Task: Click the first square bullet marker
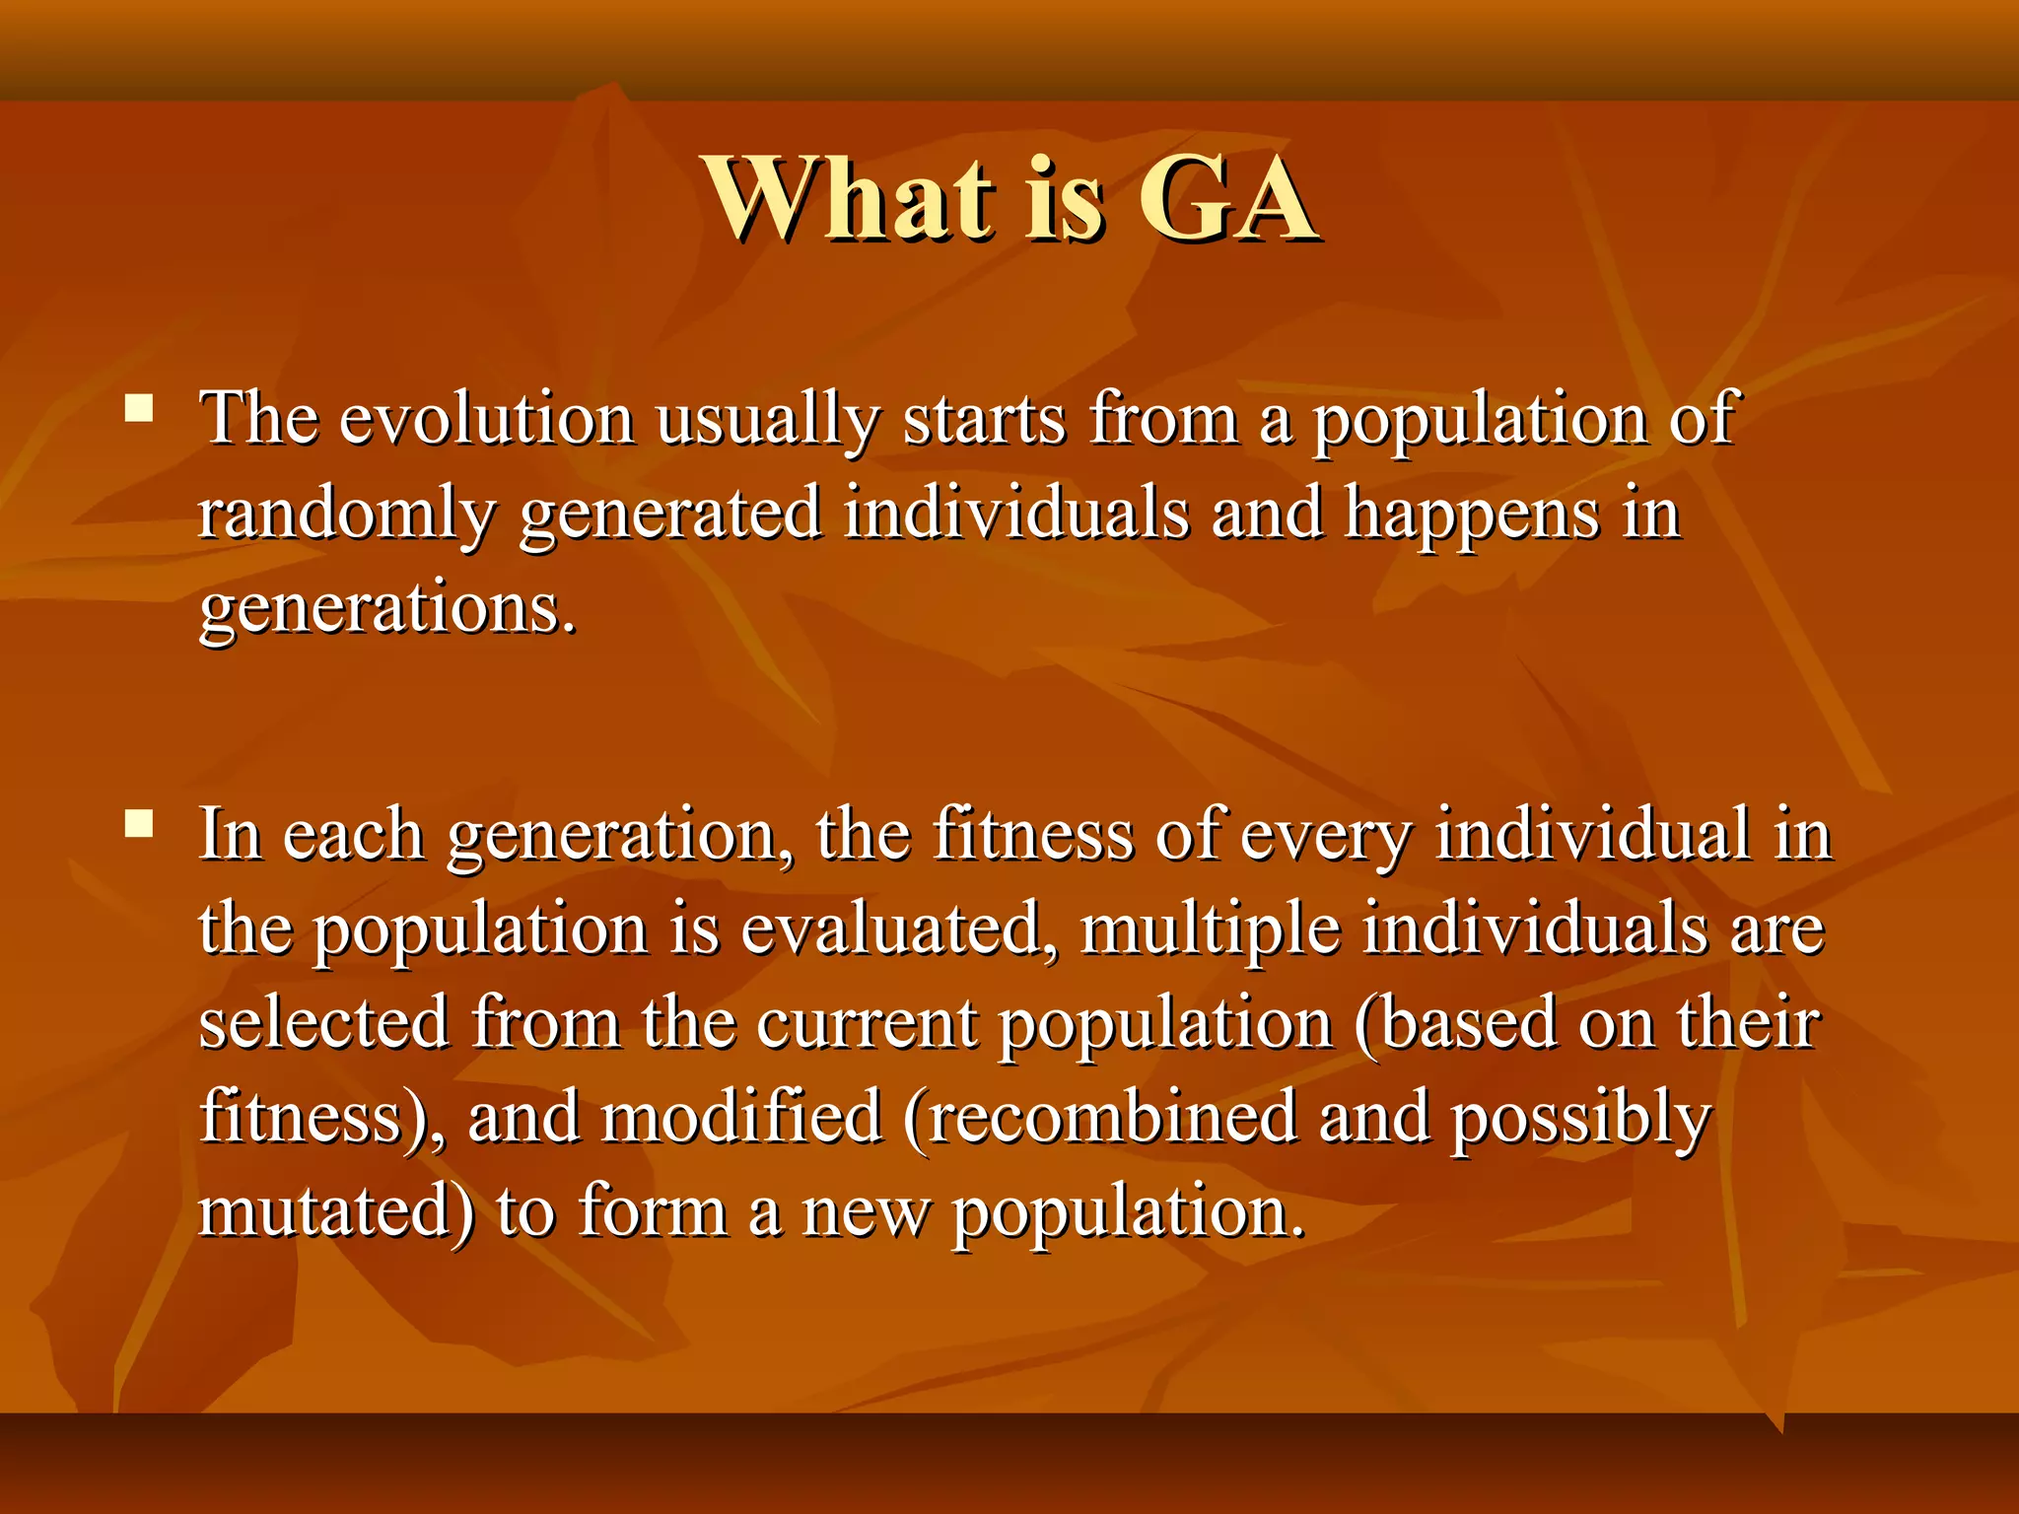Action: pos(140,408)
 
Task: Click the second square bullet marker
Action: pos(140,823)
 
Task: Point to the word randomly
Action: pos(346,515)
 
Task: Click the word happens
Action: pos(1471,515)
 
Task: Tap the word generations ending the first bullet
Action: pos(386,609)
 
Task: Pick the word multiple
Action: pos(1210,929)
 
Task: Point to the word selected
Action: pos(324,1023)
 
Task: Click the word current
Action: pos(867,1023)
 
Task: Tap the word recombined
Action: pos(1111,1118)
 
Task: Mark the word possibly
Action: pos(1580,1118)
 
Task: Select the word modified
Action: pos(740,1118)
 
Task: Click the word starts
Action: pos(985,419)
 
